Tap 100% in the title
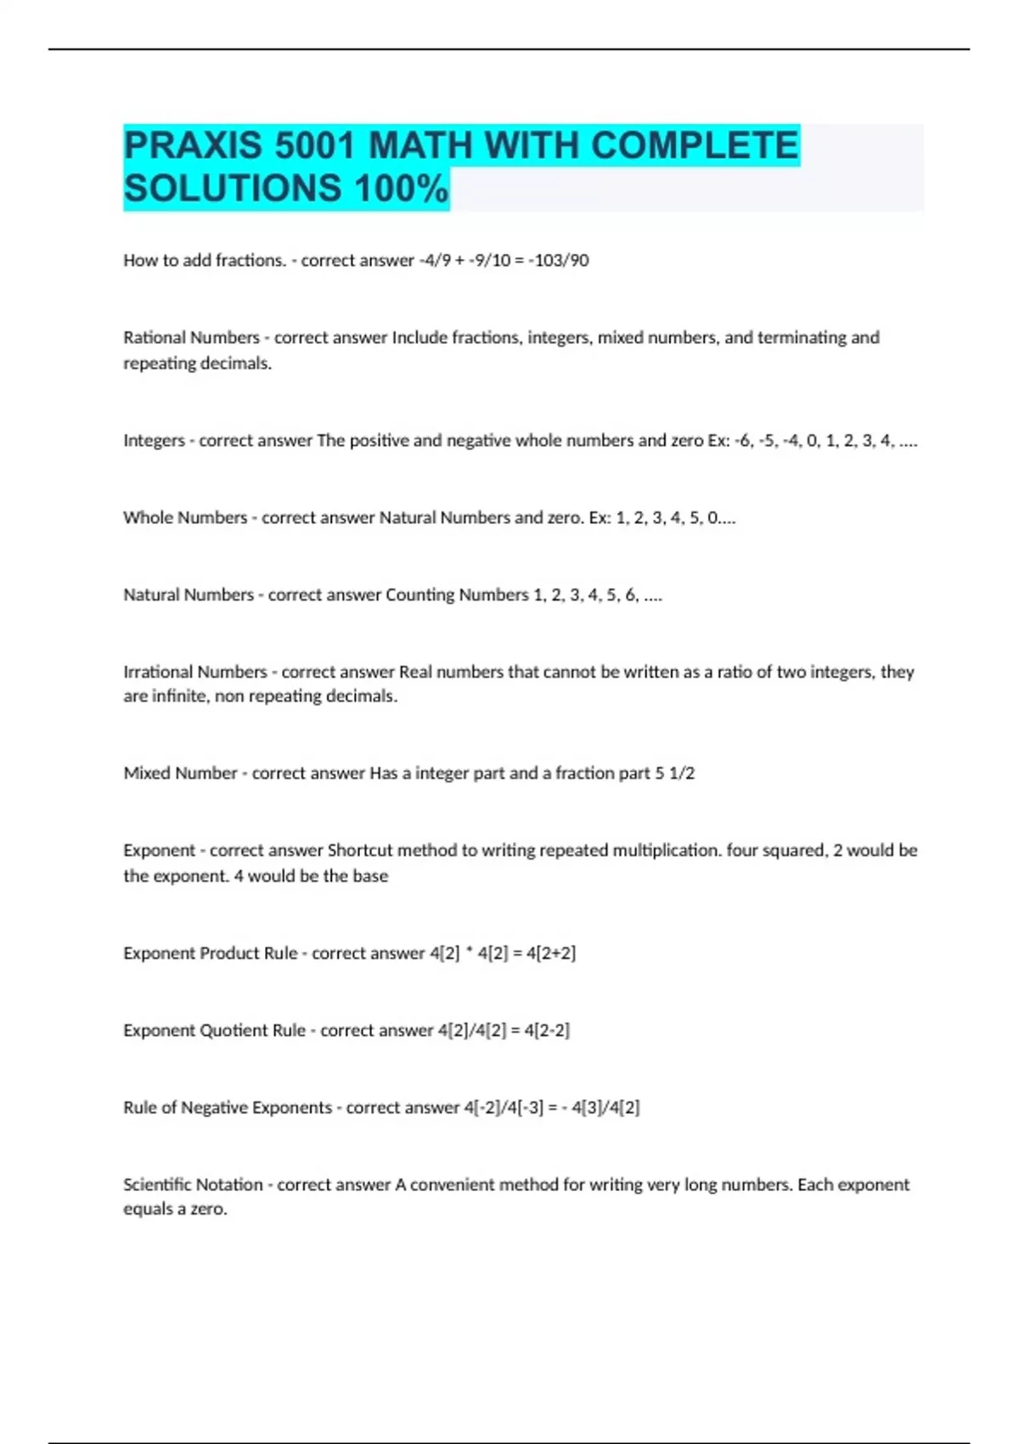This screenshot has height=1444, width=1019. click(x=401, y=189)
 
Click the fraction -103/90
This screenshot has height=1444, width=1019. click(x=558, y=260)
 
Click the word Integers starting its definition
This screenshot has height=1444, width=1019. click(x=154, y=440)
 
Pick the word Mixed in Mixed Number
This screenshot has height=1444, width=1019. click(x=146, y=773)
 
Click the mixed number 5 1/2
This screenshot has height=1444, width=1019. click(x=675, y=773)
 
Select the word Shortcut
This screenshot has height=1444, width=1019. click(x=360, y=850)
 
